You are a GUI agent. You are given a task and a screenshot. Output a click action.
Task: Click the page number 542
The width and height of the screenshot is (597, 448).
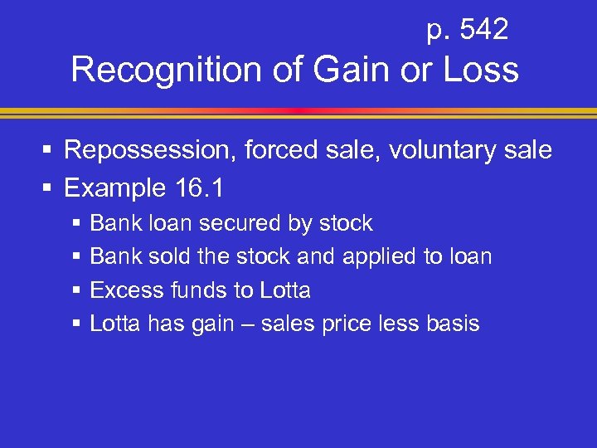coord(483,31)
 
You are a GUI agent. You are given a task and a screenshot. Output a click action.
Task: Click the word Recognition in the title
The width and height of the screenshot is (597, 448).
coord(170,71)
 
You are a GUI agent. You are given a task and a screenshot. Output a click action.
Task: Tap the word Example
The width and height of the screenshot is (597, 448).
coord(114,188)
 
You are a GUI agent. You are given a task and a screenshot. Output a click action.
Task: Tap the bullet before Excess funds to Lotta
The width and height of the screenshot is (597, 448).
coord(77,290)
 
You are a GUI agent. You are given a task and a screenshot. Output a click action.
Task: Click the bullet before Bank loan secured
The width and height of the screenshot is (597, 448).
coord(77,224)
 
